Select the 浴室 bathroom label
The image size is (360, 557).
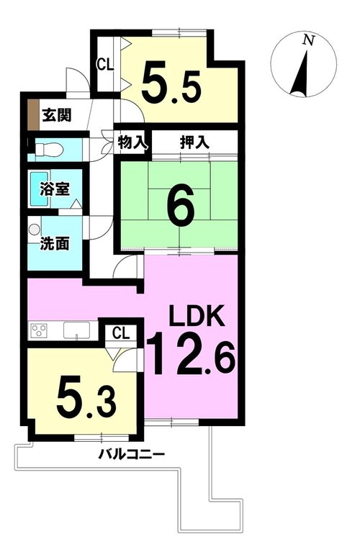pos(55,189)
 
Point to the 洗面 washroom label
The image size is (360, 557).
pos(54,244)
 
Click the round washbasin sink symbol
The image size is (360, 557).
pos(34,229)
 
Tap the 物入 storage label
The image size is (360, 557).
pos(132,143)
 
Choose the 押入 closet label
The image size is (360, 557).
pos(194,142)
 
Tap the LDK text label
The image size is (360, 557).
pos(197,316)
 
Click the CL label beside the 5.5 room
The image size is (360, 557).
pos(106,65)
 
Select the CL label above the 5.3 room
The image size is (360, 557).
pos(122,334)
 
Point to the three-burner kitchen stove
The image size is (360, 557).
pos(38,331)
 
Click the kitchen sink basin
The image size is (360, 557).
pos(76,330)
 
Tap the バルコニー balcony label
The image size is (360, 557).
pos(131,454)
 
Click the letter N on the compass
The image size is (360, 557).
pos(307,40)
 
